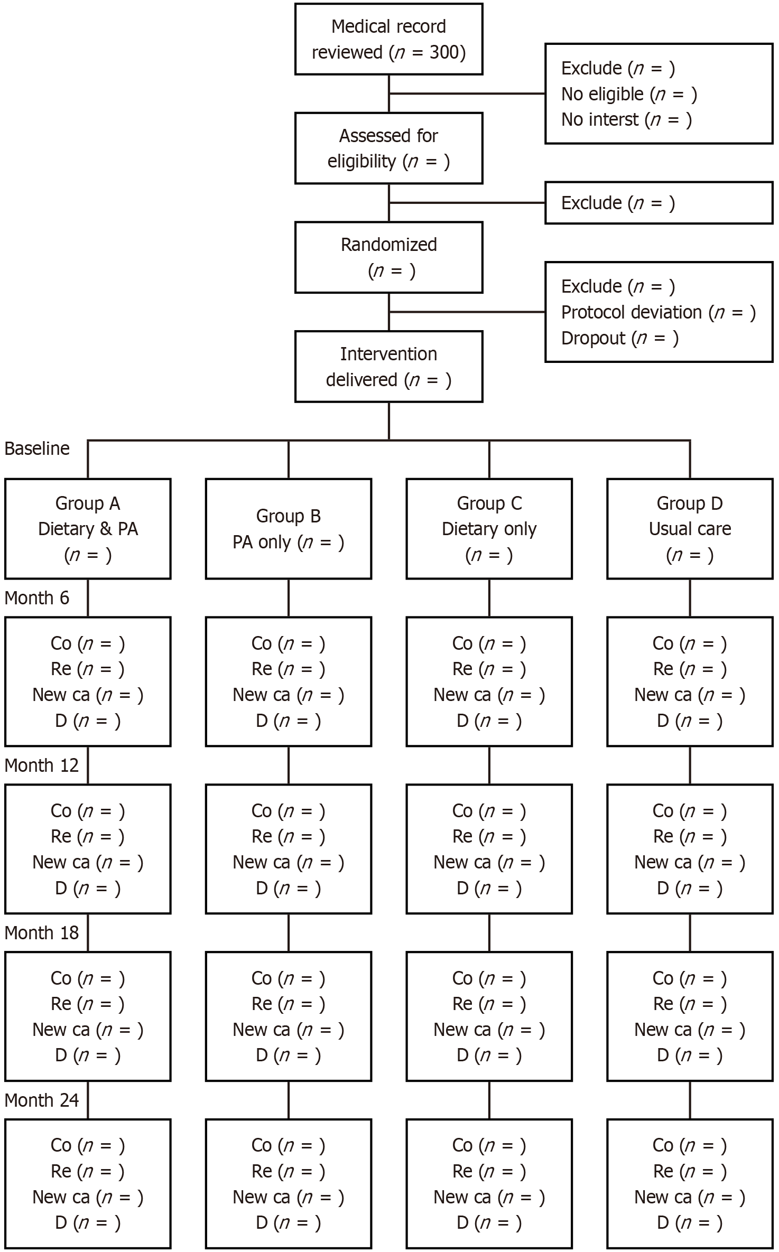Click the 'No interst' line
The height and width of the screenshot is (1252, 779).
coord(626,120)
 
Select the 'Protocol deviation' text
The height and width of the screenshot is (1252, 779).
coord(631,312)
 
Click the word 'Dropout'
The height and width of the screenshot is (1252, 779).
coord(593,338)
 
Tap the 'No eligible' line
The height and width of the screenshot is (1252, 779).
coord(629,94)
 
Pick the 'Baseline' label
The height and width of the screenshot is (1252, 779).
coord(37,449)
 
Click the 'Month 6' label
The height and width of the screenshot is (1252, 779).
coord(37,598)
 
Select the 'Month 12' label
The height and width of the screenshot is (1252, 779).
coord(42,765)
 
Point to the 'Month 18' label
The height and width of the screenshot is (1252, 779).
coord(42,933)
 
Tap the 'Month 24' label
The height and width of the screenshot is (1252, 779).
coord(42,1100)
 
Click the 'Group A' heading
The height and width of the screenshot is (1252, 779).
coord(88,503)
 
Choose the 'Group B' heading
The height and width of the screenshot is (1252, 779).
coord(289,516)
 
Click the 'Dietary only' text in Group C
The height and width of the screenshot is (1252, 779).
coord(489,529)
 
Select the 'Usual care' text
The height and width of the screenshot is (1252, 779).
coord(690,529)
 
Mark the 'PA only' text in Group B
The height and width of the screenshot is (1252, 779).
coord(262,542)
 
